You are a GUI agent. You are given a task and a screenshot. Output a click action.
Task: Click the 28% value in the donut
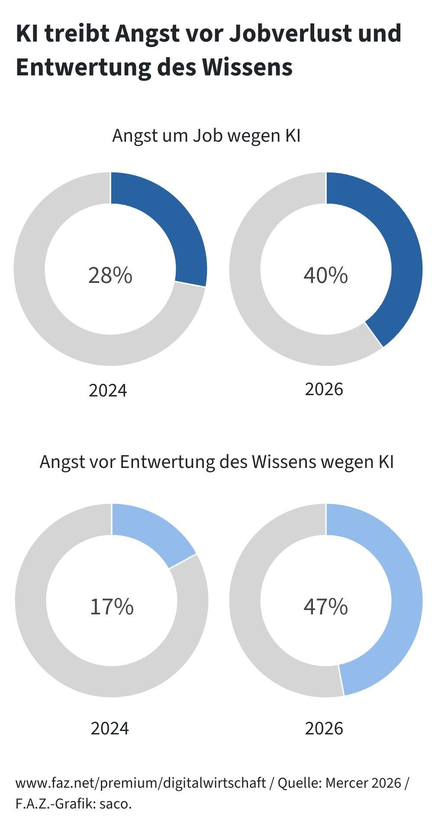[x=110, y=275]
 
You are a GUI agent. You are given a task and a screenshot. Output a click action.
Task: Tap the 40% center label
[x=325, y=275]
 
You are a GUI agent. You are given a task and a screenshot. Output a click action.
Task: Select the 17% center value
[x=112, y=606]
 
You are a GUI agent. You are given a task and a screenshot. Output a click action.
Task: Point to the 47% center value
[x=325, y=606]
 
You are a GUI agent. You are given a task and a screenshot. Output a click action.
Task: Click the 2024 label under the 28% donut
[x=108, y=390]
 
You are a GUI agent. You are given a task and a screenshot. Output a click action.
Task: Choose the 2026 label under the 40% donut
[x=324, y=389]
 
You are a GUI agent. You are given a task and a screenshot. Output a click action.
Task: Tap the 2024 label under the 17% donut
[x=110, y=728]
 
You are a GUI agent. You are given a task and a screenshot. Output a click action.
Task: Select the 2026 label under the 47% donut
[x=324, y=728]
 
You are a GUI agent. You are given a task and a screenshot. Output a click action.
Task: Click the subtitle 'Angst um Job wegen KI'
[x=206, y=136]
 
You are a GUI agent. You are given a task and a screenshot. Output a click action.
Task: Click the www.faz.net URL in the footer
[x=141, y=783]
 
